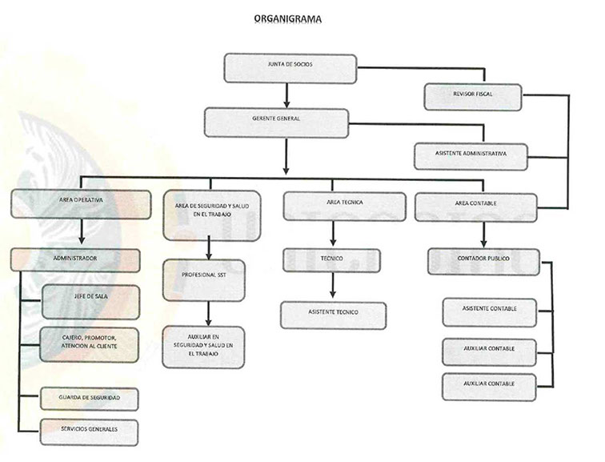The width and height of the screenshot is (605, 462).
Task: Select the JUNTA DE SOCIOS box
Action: pyautogui.click(x=290, y=68)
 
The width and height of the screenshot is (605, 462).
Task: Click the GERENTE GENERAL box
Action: pyautogui.click(x=276, y=123)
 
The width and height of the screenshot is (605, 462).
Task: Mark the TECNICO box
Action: pyautogui.click(x=331, y=260)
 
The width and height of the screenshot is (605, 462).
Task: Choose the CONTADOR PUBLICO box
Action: pyautogui.click(x=483, y=262)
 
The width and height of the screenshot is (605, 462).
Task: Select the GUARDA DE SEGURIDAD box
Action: pyautogui.click(x=89, y=399)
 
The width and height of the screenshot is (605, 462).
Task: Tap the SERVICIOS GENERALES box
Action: pyautogui.click(x=89, y=432)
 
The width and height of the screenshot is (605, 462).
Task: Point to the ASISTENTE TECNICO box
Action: pyautogui.click(x=333, y=315)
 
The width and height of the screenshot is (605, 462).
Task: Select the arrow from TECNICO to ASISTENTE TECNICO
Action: pyautogui.click(x=332, y=287)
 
